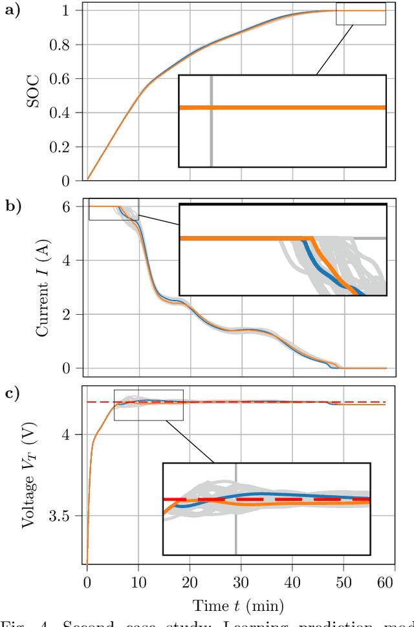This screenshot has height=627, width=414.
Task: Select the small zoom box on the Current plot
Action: click(113, 209)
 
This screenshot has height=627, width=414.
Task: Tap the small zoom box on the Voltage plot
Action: click(148, 405)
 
